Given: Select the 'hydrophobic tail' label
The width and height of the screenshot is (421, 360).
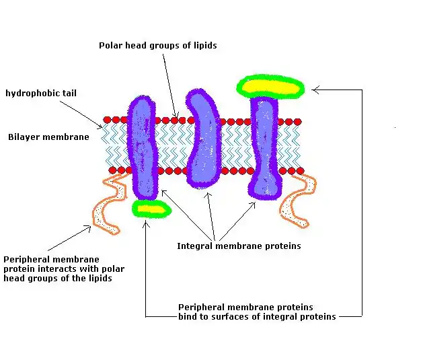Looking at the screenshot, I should pos(40,93).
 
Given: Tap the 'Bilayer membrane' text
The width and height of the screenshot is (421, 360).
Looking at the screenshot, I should pos(48,137).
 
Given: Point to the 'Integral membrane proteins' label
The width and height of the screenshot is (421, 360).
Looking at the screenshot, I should pos(239,246).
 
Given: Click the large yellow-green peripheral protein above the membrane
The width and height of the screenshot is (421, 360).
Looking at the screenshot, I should pos(271,86).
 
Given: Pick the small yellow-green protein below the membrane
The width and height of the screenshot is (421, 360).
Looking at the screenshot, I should pos(151,209).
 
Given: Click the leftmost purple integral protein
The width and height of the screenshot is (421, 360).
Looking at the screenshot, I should pos(142,145).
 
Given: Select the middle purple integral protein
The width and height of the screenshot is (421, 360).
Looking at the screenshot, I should pos(202,139).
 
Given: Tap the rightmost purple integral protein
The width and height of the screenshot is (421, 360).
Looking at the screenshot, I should pos(264,148).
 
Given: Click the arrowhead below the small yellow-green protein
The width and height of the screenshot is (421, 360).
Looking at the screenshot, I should pos(146,222).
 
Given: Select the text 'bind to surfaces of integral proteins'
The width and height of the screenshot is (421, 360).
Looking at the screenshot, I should pos(257,316).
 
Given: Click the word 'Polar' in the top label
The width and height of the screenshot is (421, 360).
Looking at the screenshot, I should pos(110,46).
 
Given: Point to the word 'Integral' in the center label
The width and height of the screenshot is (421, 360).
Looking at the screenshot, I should pos(194,246).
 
